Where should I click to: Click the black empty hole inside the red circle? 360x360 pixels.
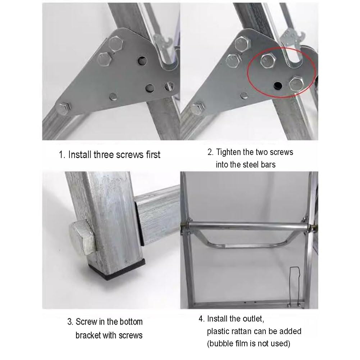(x=278, y=85)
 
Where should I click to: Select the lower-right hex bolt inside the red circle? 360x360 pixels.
(x=296, y=84)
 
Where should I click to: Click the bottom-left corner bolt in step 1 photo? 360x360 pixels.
(x=63, y=109)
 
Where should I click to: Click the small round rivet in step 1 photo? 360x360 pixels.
(x=113, y=97)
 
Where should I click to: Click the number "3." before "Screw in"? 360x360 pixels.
(x=70, y=322)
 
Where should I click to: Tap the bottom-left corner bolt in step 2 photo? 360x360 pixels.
(x=197, y=109)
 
